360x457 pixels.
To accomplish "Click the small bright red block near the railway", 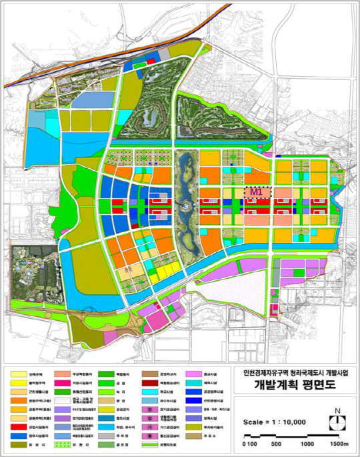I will pyautogui.click(x=151, y=61).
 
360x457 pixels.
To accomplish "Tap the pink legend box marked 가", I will pyautogui.click(x=150, y=426).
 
